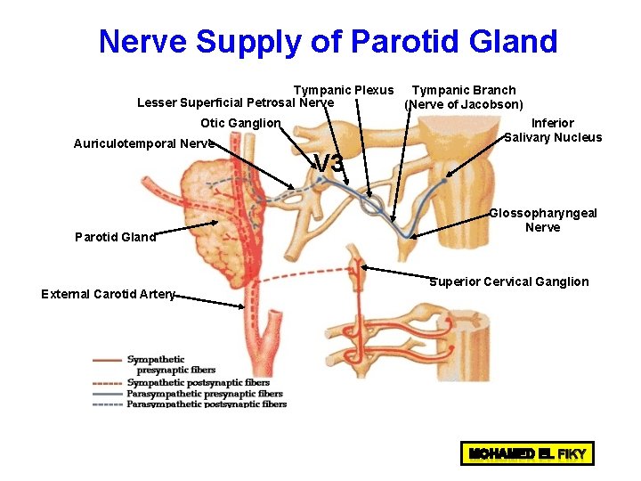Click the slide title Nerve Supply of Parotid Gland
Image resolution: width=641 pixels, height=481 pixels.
pyautogui.click(x=328, y=41)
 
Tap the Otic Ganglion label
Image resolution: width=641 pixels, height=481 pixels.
pyautogui.click(x=240, y=123)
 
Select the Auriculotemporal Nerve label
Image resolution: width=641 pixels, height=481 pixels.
pyautogui.click(x=143, y=143)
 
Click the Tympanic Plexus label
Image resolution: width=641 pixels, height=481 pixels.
pyautogui.click(x=344, y=90)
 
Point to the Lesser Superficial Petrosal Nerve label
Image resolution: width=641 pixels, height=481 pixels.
pyautogui.click(x=235, y=103)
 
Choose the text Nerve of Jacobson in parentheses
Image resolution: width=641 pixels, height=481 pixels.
pyautogui.click(x=463, y=104)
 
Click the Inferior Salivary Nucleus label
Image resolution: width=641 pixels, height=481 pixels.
pyautogui.click(x=553, y=130)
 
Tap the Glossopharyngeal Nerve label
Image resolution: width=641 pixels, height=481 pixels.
pyautogui.click(x=543, y=220)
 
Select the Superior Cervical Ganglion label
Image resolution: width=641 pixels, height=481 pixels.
pyautogui.click(x=509, y=281)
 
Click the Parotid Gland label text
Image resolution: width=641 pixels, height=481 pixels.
pyautogui.click(x=116, y=237)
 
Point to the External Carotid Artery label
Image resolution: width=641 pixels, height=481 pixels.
pyautogui.click(x=108, y=294)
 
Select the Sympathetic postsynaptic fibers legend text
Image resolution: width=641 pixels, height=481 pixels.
pyautogui.click(x=198, y=383)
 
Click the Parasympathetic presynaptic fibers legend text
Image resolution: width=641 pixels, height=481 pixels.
pyautogui.click(x=205, y=394)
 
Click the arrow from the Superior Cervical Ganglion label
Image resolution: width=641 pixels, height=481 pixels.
pyautogui.click(x=397, y=271)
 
